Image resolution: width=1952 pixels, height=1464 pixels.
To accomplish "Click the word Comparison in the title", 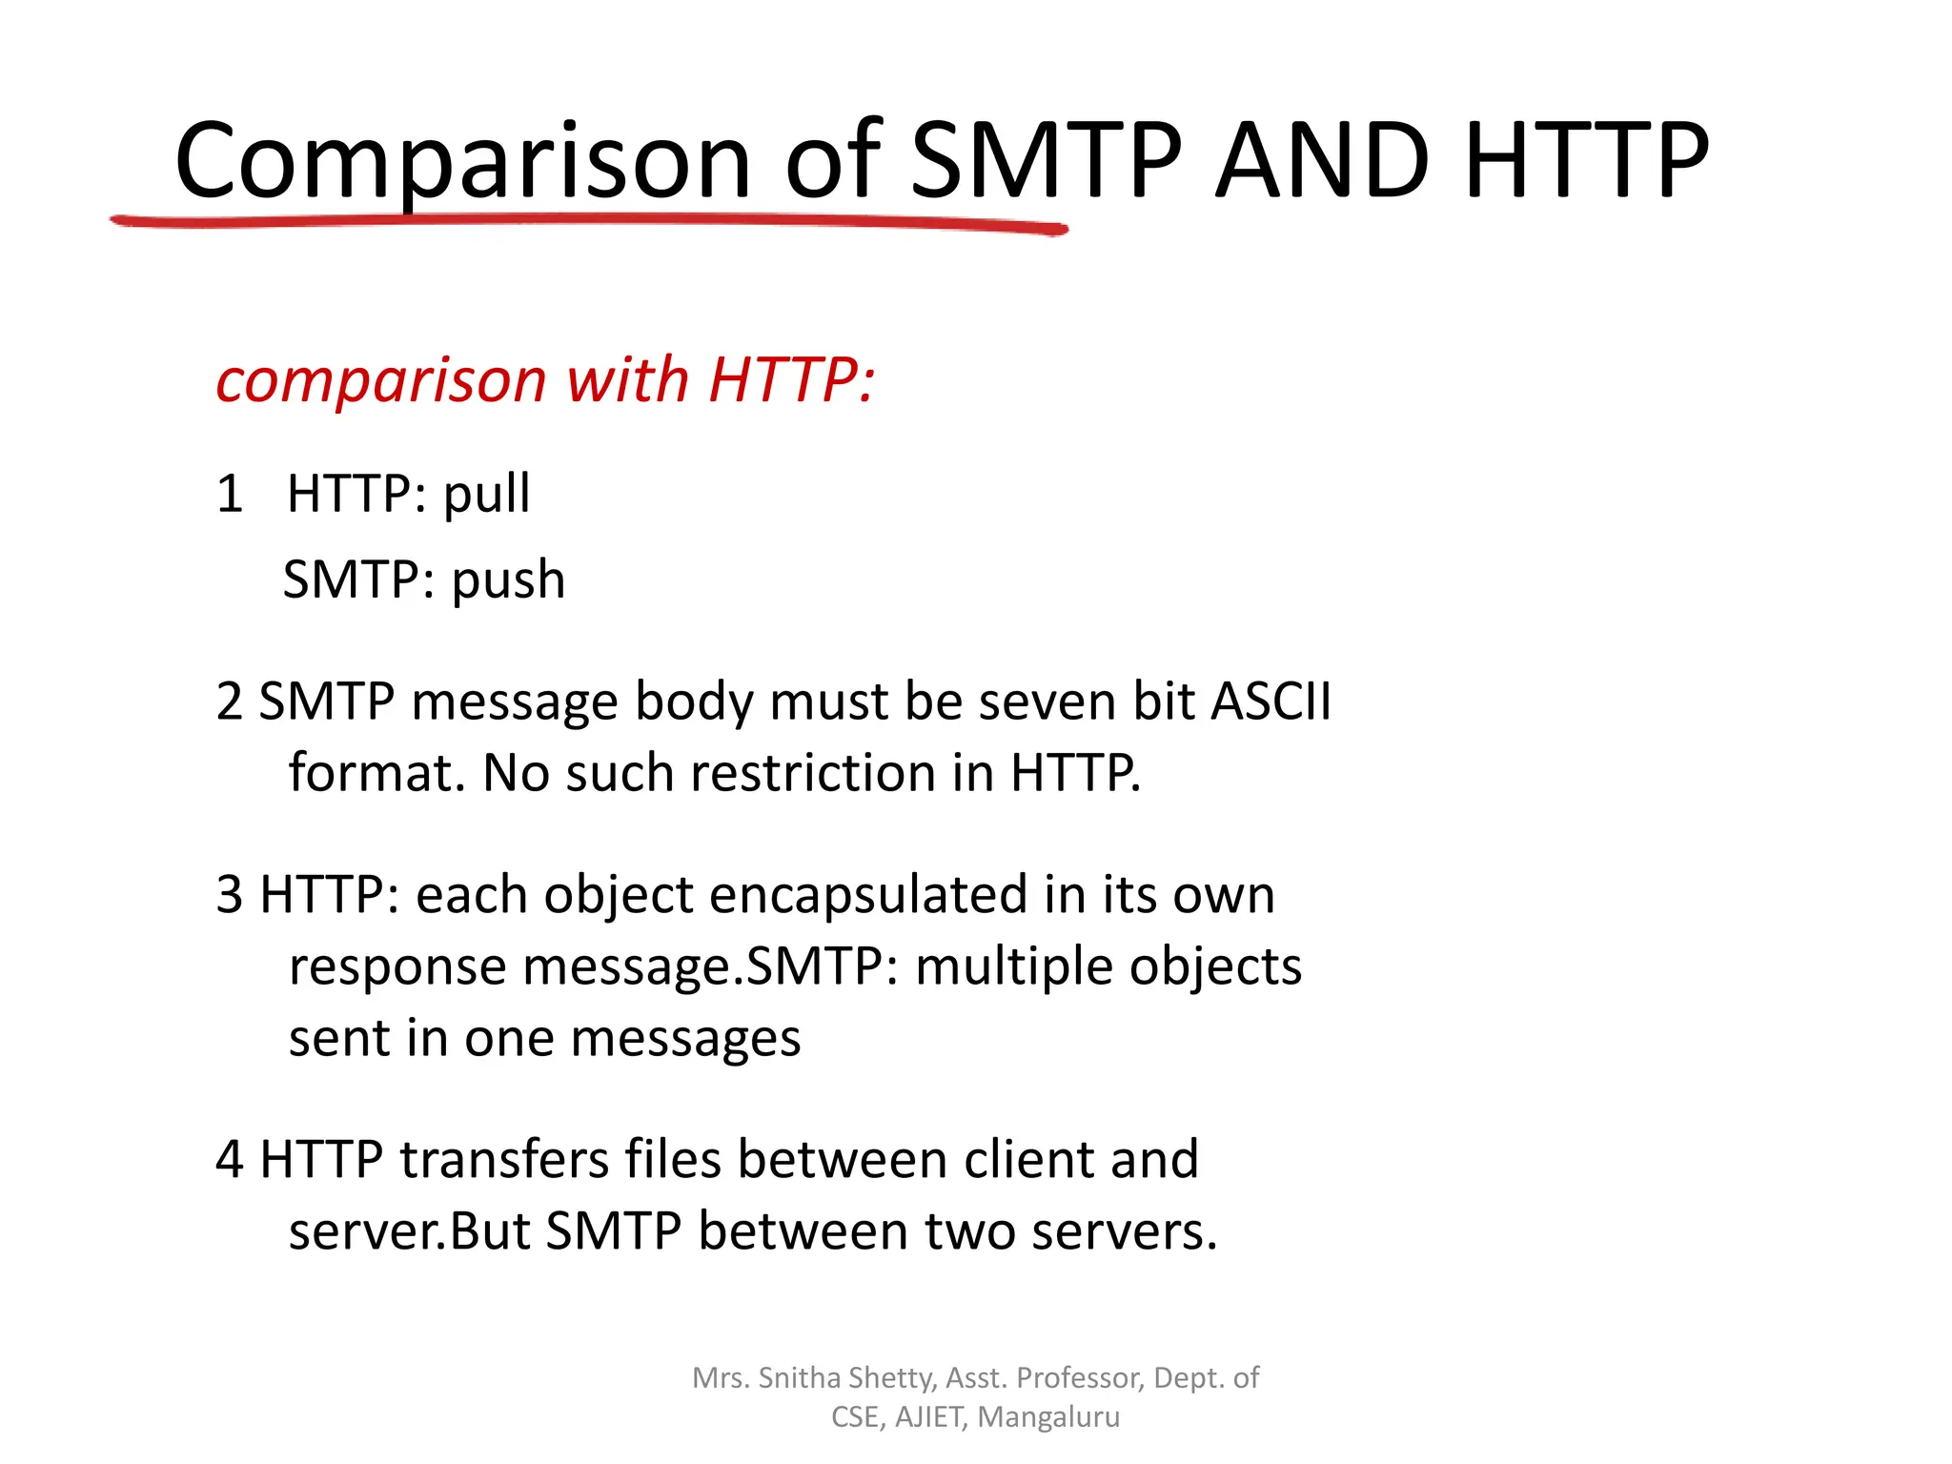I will pyautogui.click(x=462, y=162).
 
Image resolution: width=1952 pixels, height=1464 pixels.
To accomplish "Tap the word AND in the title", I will pyautogui.click(x=1323, y=162).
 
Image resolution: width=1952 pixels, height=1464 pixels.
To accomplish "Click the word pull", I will pyautogui.click(x=487, y=496).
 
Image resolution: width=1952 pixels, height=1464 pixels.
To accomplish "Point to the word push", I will pyautogui.click(x=508, y=581).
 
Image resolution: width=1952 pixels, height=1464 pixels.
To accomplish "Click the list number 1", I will pyautogui.click(x=230, y=495).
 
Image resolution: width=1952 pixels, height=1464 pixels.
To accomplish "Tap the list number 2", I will pyautogui.click(x=230, y=702).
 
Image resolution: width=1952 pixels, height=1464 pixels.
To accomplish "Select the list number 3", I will pyautogui.click(x=230, y=895).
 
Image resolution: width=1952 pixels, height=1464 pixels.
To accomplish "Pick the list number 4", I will pyautogui.click(x=230, y=1160).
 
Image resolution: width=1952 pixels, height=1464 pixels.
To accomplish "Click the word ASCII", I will pyautogui.click(x=1271, y=702).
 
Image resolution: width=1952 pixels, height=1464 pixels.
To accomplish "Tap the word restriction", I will pyautogui.click(x=814, y=773).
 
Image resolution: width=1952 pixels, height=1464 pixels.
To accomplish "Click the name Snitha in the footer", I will pyautogui.click(x=799, y=1378).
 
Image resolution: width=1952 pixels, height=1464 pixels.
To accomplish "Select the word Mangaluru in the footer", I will pyautogui.click(x=1048, y=1417).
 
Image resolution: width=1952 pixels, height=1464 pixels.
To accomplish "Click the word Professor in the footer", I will pyautogui.click(x=1080, y=1378).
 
